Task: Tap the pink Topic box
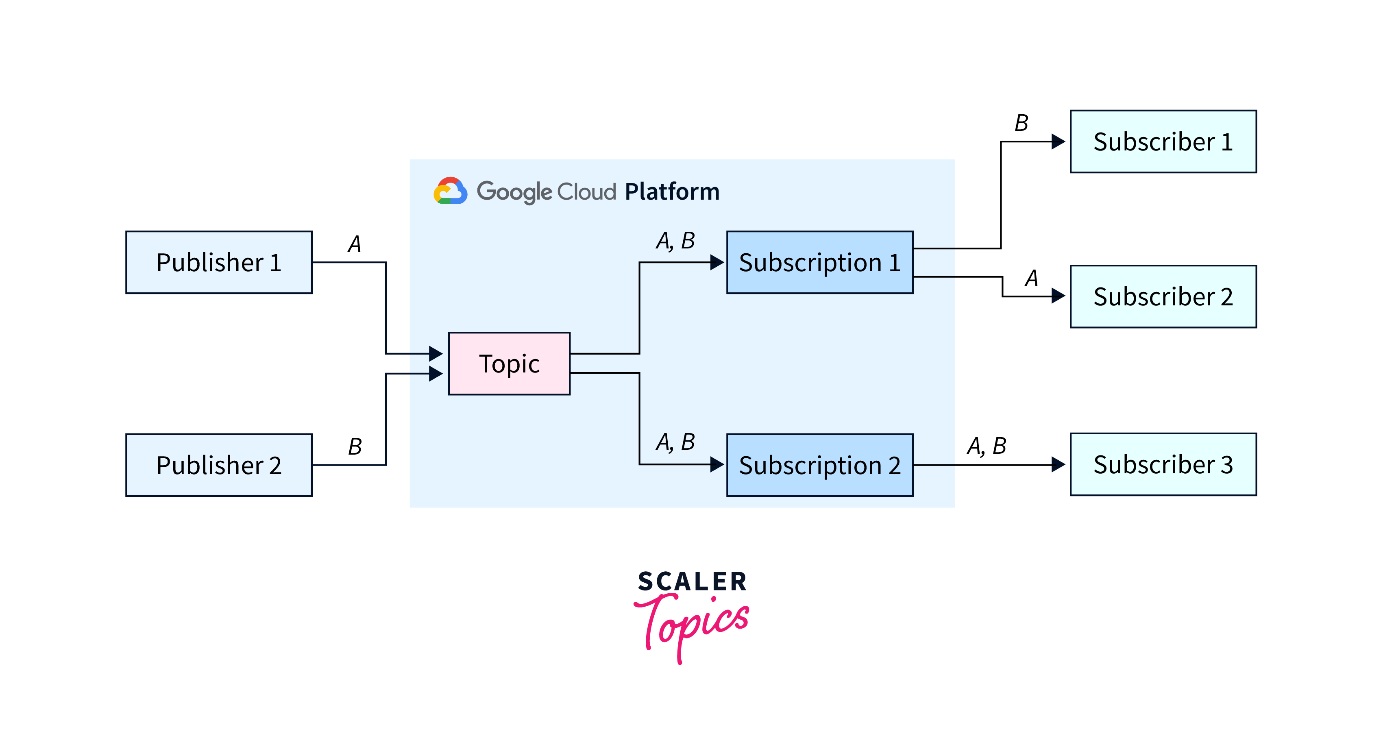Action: tap(509, 364)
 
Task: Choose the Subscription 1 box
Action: tap(819, 263)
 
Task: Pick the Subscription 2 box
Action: tap(819, 465)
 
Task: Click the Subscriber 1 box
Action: tap(1163, 142)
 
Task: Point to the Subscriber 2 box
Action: tap(1163, 296)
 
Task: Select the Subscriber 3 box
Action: tap(1163, 464)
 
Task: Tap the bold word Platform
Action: tap(672, 192)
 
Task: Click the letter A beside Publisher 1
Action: tap(354, 244)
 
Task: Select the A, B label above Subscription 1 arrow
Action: tap(675, 241)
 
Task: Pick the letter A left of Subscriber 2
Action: tap(1031, 278)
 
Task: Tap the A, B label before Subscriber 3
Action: tap(987, 446)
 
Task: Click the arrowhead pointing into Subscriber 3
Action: tap(1058, 464)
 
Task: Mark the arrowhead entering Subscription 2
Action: tap(717, 464)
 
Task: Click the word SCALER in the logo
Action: tap(692, 581)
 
